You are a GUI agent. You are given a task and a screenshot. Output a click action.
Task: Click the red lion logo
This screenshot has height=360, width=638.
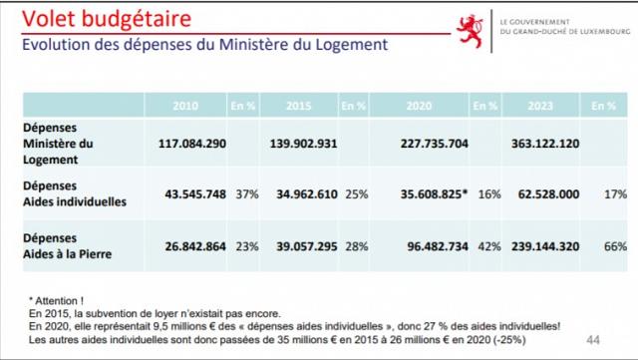(x=471, y=31)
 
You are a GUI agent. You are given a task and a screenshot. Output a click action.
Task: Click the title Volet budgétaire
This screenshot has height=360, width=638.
(x=107, y=19)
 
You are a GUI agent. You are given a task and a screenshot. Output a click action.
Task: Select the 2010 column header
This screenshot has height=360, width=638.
(x=185, y=106)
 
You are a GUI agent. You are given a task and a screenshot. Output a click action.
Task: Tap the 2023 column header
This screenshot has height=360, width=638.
(x=540, y=106)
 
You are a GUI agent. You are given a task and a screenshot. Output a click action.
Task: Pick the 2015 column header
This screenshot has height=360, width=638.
(x=299, y=106)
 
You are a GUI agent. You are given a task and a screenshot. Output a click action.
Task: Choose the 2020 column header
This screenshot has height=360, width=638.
(x=419, y=106)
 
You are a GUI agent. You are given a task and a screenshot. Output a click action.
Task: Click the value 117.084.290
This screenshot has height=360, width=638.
(x=192, y=144)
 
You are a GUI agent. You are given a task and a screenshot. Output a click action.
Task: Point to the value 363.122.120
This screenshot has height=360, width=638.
(x=545, y=144)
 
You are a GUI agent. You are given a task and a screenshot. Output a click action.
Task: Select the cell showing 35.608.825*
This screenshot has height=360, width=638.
(x=435, y=194)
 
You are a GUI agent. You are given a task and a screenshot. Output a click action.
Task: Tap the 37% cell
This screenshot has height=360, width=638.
(x=247, y=194)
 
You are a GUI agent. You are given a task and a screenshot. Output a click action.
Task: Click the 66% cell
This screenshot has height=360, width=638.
(x=616, y=246)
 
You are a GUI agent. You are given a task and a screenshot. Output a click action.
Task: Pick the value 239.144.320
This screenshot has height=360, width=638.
(x=545, y=246)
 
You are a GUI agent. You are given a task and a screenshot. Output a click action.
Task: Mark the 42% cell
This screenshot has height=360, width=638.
(x=489, y=246)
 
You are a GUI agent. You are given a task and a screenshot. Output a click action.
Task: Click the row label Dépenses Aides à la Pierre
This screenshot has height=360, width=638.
(x=67, y=246)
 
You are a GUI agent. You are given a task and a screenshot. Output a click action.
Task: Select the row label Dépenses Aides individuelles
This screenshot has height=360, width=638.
(x=75, y=193)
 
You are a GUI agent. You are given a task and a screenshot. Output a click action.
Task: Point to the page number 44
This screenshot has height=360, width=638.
(x=593, y=340)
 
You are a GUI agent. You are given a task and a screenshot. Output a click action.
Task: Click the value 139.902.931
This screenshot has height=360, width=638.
(x=303, y=144)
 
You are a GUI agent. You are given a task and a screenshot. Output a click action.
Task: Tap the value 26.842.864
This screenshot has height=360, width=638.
(x=195, y=246)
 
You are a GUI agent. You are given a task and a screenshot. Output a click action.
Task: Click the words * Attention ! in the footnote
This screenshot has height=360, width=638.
(x=56, y=301)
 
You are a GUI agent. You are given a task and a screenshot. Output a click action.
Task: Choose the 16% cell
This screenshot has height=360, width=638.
(x=489, y=194)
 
